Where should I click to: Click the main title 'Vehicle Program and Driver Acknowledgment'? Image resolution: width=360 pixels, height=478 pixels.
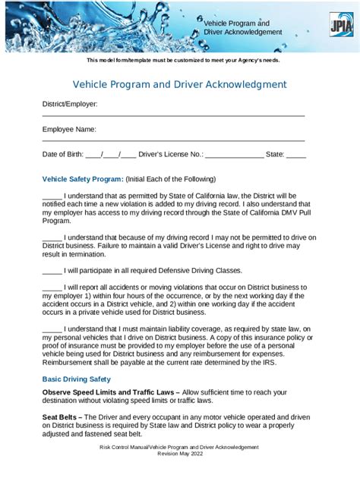click(x=179, y=84)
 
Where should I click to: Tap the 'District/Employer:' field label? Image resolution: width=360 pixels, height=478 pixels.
click(x=69, y=103)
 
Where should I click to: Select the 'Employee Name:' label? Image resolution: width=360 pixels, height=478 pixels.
click(x=68, y=129)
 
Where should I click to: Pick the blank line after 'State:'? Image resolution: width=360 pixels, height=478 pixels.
click(x=296, y=155)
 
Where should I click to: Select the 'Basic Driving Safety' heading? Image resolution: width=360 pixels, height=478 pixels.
click(x=76, y=379)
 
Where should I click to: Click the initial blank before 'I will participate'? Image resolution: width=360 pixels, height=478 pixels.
click(x=52, y=270)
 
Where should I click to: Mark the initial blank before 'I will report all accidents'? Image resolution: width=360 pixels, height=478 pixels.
click(x=52, y=288)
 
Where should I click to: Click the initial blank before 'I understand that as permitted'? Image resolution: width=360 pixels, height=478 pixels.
click(x=52, y=196)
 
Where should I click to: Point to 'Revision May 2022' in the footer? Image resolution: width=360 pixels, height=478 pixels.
click(x=179, y=454)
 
